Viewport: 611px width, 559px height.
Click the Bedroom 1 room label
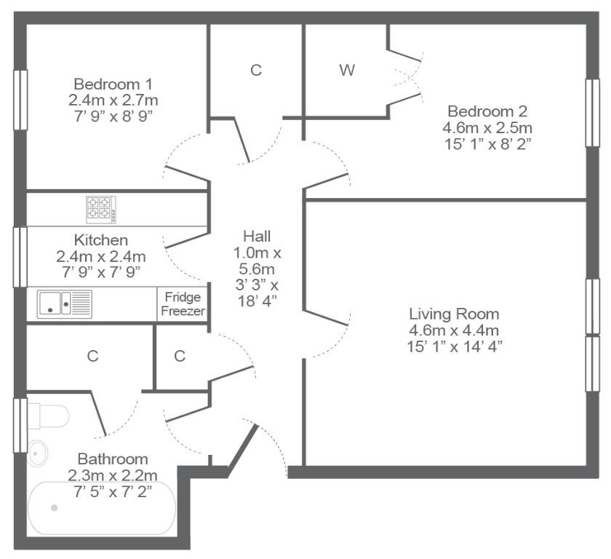pos(113,84)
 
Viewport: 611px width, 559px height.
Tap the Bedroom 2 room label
pos(487,111)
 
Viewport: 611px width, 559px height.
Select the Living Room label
pos(454,314)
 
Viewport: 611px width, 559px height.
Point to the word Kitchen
pos(101,239)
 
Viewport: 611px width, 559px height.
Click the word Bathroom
pos(113,459)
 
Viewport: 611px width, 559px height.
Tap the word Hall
pos(257,236)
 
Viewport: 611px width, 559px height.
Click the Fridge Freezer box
pos(183,304)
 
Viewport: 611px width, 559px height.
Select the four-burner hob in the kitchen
pos(101,210)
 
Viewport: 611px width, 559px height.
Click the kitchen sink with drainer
pos(65,304)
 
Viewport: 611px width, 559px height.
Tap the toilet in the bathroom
pos(49,416)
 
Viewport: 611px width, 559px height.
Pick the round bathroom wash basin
pos(38,453)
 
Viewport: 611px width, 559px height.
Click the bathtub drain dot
pos(55,508)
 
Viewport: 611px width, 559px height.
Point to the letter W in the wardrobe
pos(347,70)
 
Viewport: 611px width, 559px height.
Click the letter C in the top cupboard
pos(256,70)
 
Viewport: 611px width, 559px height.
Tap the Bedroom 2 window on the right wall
pos(592,113)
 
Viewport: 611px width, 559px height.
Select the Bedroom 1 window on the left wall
pos(20,100)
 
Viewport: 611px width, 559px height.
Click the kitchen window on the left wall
pos(20,257)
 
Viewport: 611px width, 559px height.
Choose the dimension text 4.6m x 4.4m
pos(454,330)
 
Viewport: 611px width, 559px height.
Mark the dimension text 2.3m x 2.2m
pos(113,475)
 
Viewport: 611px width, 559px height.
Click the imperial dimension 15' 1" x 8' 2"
pos(488,144)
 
